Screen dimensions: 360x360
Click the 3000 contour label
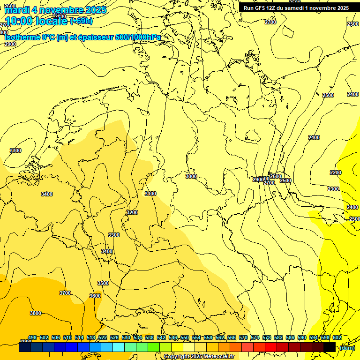click(x=191, y=176)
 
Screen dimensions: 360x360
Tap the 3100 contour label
click(x=150, y=194)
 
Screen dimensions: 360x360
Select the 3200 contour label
click(x=132, y=212)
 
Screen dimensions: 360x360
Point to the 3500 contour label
click(x=103, y=283)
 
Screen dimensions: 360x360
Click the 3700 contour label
click(x=65, y=293)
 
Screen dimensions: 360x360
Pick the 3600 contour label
click(x=95, y=296)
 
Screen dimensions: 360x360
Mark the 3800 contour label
click(x=35, y=313)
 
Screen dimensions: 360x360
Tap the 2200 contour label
click(x=336, y=172)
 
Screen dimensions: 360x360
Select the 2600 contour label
click(x=276, y=176)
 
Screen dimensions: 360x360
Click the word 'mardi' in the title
click(x=16, y=10)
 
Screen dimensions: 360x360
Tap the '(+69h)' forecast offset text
click(x=81, y=21)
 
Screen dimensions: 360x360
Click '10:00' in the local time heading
click(x=18, y=21)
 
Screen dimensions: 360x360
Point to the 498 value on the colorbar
click(x=32, y=337)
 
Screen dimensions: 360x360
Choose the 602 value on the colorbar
click(x=337, y=337)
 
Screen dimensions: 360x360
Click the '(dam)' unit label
click(x=347, y=347)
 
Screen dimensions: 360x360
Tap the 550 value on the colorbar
click(x=185, y=337)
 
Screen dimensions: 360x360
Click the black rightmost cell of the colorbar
click(x=330, y=347)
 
